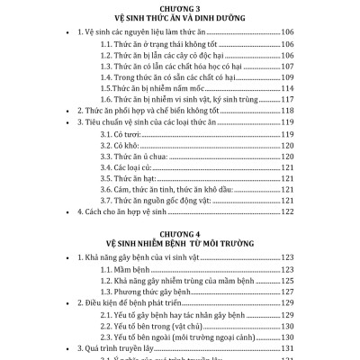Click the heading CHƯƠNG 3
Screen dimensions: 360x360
tap(180, 7)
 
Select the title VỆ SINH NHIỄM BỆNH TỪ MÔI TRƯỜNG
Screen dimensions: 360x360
tap(180, 243)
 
